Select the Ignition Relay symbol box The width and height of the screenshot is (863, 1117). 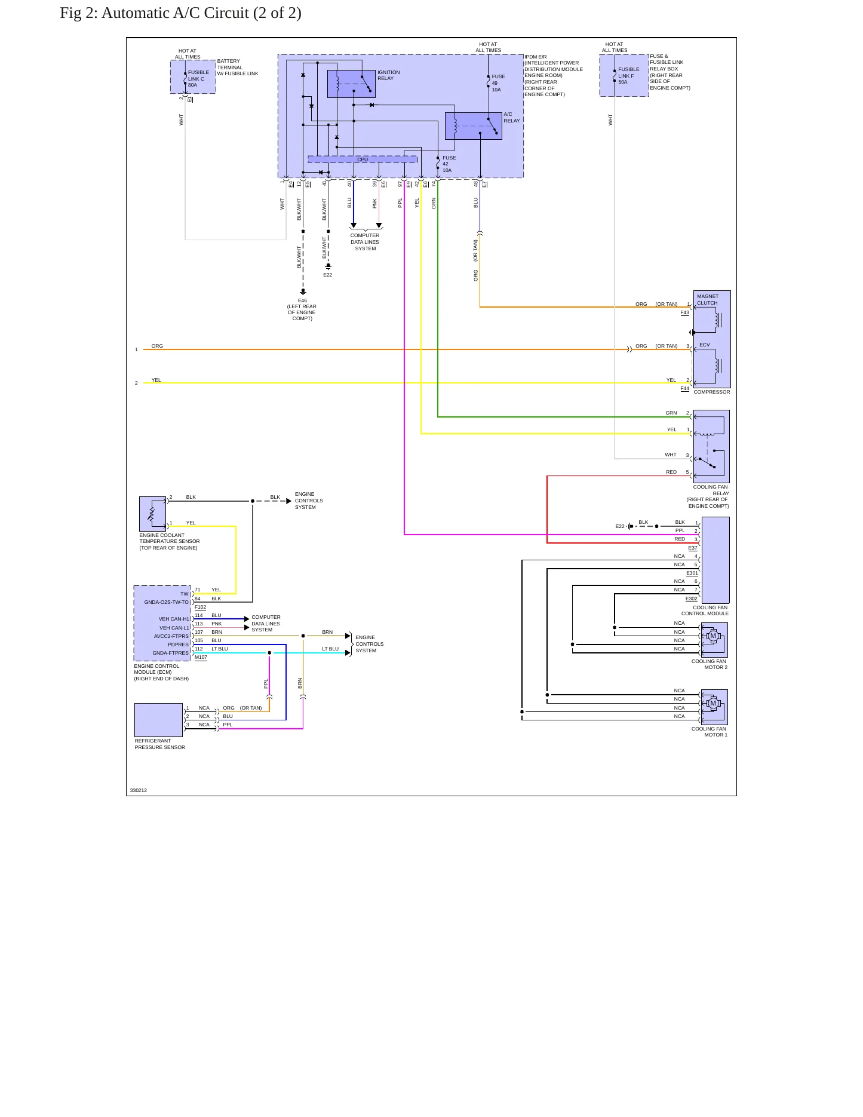click(x=351, y=84)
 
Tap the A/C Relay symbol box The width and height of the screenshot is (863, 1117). click(x=474, y=126)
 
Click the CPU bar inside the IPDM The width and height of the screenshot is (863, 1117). click(x=363, y=159)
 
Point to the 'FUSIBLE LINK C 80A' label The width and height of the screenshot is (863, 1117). click(x=198, y=79)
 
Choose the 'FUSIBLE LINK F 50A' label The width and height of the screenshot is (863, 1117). click(x=628, y=76)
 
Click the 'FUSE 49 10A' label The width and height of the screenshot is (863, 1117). click(x=498, y=83)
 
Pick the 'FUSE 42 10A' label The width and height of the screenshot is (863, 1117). click(x=449, y=164)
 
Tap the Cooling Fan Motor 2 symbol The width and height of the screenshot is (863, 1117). click(x=714, y=640)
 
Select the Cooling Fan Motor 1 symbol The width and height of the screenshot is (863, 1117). click(x=714, y=707)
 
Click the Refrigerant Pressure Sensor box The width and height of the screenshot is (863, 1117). click(x=158, y=720)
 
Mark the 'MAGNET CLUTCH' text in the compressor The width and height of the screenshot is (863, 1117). click(x=708, y=300)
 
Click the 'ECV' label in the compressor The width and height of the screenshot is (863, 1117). click(x=705, y=345)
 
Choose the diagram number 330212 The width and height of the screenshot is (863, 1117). click(x=139, y=790)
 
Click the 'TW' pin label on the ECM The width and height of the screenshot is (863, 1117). click(x=185, y=594)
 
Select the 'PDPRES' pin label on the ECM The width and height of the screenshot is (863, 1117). click(x=178, y=645)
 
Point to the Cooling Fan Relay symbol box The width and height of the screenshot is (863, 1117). click(x=711, y=446)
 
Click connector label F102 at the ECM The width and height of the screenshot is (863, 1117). click(x=200, y=607)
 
